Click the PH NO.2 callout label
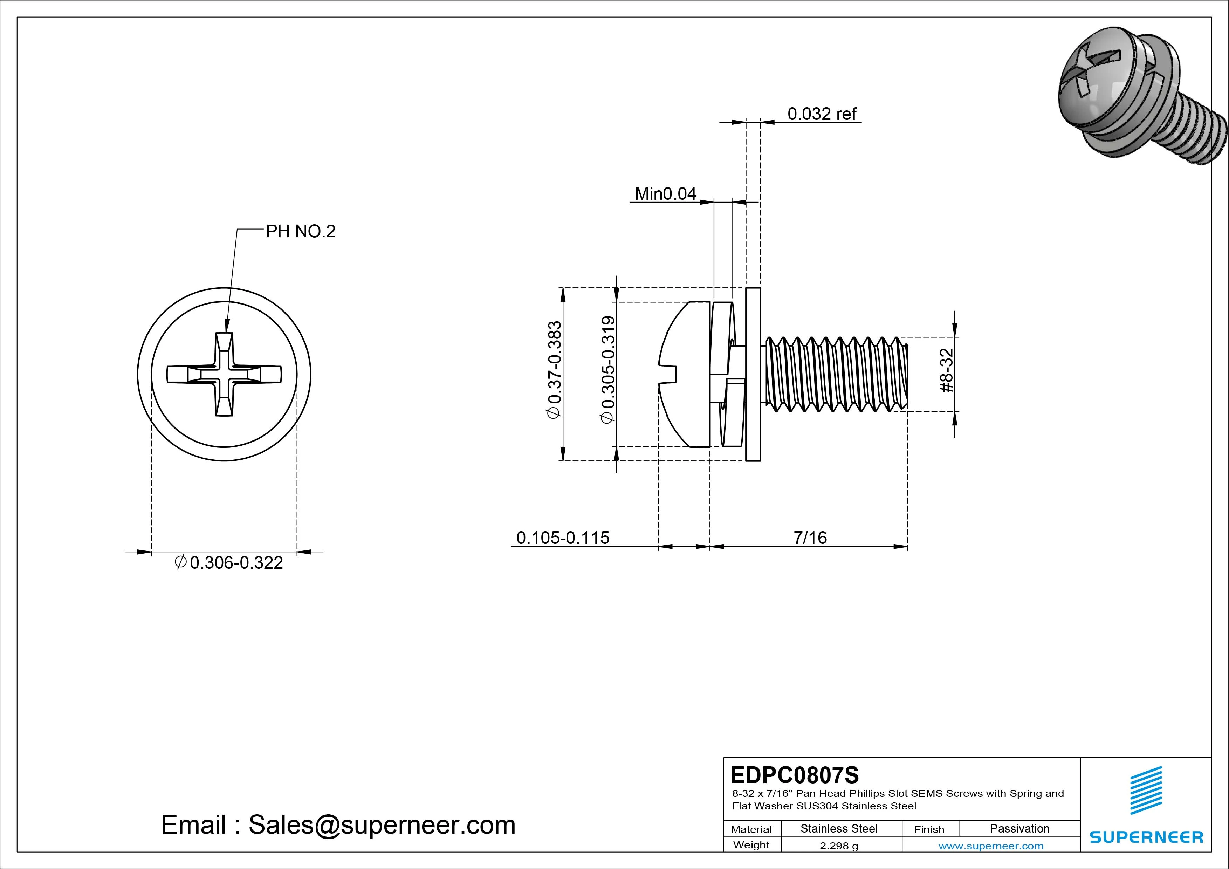(x=300, y=231)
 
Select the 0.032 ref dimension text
(x=822, y=114)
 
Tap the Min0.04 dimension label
(x=665, y=193)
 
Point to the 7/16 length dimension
(x=810, y=537)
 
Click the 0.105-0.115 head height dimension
(x=563, y=537)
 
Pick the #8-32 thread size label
(x=946, y=370)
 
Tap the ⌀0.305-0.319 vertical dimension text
(x=607, y=369)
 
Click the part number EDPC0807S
(x=794, y=775)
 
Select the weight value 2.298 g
(x=839, y=846)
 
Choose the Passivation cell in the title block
(x=1019, y=828)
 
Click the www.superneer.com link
(x=991, y=846)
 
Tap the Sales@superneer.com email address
(x=382, y=824)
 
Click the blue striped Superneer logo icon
(x=1146, y=790)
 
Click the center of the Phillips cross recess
(x=224, y=374)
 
